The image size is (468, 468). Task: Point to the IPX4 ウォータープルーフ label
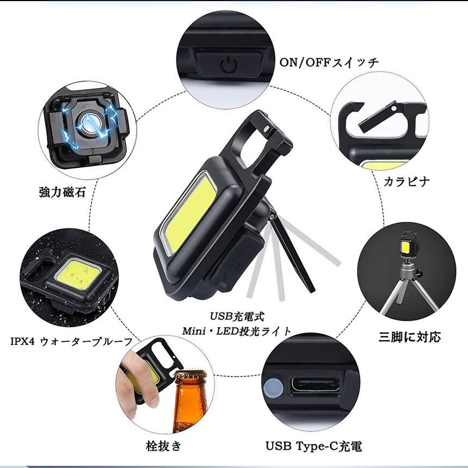point(71,342)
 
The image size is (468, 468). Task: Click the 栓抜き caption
point(163,447)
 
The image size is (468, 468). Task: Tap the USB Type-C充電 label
point(313,447)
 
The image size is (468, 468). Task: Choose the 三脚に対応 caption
point(409,337)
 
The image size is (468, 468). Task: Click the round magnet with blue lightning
point(87,123)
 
